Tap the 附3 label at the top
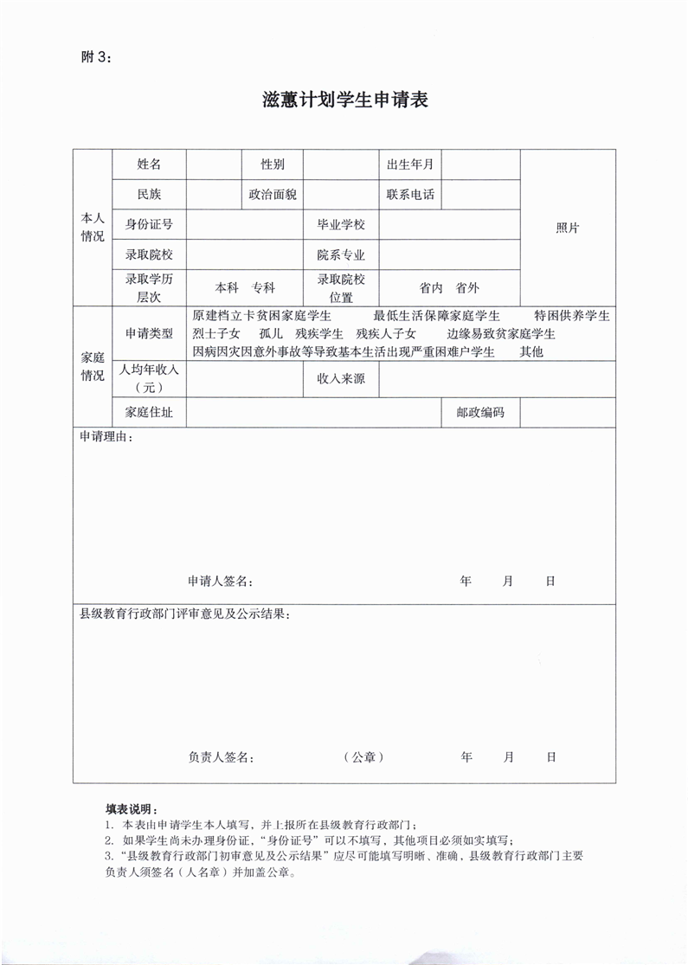click(95, 57)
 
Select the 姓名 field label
click(149, 164)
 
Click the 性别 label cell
click(273, 164)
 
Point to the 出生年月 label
click(410, 164)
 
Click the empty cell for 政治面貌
click(341, 195)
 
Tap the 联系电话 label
click(410, 195)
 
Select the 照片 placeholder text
click(567, 228)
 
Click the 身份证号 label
click(149, 225)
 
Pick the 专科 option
click(263, 288)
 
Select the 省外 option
click(467, 288)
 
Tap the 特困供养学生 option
click(572, 315)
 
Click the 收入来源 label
click(341, 378)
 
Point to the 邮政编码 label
click(480, 413)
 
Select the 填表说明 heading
click(132, 808)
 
